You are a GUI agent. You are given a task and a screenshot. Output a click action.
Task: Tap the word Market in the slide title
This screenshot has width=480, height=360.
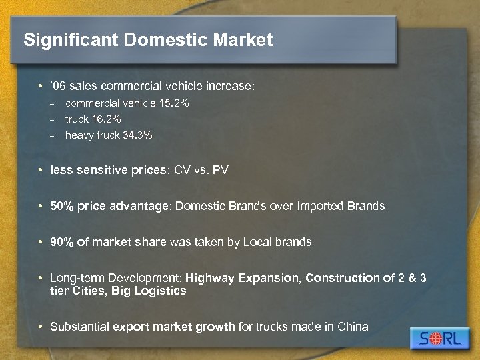[x=243, y=40]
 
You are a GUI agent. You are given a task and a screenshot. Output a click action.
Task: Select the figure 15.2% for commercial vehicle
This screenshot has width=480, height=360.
[x=174, y=103]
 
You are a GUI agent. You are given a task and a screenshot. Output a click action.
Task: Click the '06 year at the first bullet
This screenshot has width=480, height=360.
[x=58, y=87]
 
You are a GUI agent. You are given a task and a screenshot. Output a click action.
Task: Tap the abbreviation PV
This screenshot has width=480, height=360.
[x=221, y=170]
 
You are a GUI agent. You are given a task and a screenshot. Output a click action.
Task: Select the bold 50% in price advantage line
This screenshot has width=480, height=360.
[x=62, y=206]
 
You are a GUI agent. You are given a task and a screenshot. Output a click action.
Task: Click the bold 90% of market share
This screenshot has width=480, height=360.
[x=62, y=242]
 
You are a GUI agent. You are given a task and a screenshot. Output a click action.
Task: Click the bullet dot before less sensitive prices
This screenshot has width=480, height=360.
[x=42, y=170]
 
